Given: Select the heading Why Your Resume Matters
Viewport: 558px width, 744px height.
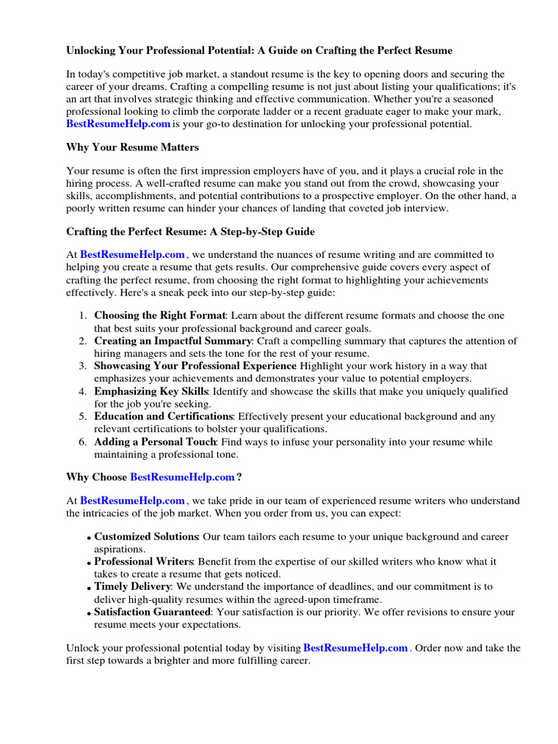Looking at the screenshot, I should click(x=132, y=147).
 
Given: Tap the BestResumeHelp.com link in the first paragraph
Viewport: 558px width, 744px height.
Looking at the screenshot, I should click(x=118, y=124).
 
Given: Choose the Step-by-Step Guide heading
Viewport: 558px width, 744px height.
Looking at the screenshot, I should click(x=190, y=231).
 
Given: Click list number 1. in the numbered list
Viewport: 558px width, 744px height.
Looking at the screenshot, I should click(x=83, y=315).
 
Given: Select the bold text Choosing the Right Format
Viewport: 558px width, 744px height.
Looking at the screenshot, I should click(x=161, y=315).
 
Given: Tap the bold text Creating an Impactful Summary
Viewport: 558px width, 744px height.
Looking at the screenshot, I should click(x=173, y=341).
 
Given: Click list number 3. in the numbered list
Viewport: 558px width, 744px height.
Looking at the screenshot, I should click(x=83, y=366).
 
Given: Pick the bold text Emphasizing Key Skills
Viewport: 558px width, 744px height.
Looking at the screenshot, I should click(x=151, y=392).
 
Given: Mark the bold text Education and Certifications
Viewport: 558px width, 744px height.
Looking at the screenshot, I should click(x=163, y=416).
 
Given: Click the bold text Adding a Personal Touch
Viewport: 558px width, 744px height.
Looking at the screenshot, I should click(x=155, y=442).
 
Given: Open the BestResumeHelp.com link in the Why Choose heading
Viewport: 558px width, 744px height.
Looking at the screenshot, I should click(x=182, y=477).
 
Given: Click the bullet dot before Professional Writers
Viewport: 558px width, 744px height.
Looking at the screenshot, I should click(x=89, y=564).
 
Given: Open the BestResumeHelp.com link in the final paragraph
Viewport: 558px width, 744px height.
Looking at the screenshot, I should click(x=355, y=647).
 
